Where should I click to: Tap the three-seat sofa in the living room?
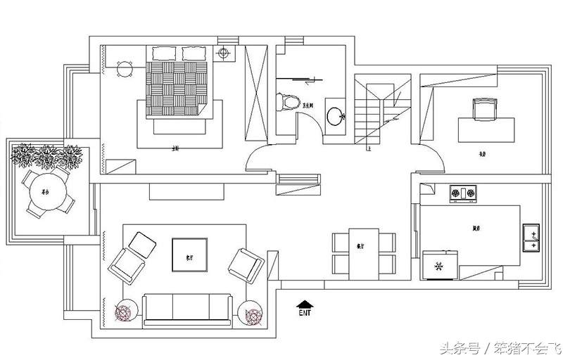point(189,309)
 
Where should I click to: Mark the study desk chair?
point(483,108)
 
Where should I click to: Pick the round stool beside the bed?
point(125,69)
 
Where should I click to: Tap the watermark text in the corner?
point(501,348)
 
